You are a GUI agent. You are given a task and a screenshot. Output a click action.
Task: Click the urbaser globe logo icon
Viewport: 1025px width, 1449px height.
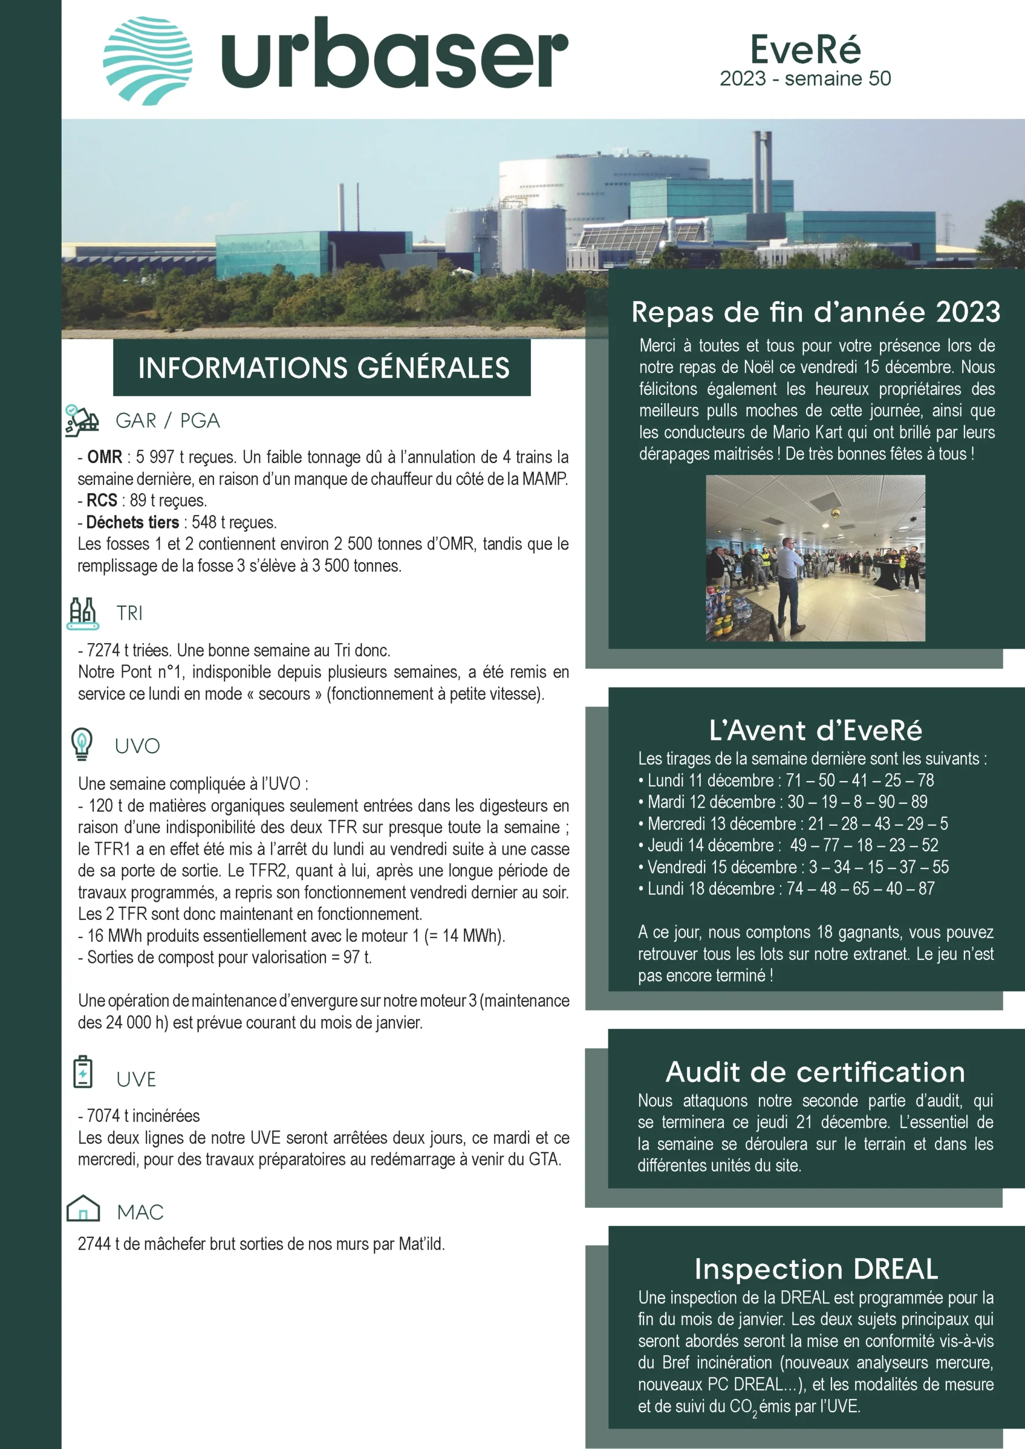pyautogui.click(x=148, y=61)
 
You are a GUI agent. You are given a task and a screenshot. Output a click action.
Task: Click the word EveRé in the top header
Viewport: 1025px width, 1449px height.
pyautogui.click(x=805, y=50)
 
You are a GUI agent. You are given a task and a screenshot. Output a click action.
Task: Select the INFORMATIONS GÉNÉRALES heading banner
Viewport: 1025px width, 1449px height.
pyautogui.click(x=322, y=368)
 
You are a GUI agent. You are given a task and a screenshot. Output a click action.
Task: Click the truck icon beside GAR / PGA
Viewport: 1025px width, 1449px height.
pyautogui.click(x=82, y=421)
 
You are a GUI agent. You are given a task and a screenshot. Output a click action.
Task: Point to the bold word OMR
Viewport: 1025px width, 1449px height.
pyautogui.click(x=105, y=457)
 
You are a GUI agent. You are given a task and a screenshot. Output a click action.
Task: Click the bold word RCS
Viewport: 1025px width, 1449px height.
pyautogui.click(x=102, y=500)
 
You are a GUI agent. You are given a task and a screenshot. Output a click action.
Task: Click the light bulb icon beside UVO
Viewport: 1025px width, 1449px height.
pyautogui.click(x=82, y=744)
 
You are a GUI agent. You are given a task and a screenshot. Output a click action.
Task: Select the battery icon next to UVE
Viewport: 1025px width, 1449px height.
pyautogui.click(x=83, y=1071)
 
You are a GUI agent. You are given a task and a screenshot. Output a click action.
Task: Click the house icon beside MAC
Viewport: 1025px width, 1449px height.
pyautogui.click(x=83, y=1208)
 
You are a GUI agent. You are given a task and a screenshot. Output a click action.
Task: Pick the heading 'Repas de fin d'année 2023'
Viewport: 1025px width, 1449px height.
pyautogui.click(x=816, y=312)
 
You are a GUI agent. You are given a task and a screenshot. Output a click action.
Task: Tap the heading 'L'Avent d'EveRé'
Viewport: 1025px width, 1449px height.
pyautogui.click(x=816, y=731)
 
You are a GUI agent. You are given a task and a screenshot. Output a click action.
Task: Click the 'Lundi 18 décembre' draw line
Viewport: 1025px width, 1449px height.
pyautogui.click(x=786, y=889)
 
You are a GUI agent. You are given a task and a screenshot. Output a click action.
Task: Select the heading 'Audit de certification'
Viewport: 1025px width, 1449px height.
pyautogui.click(x=816, y=1072)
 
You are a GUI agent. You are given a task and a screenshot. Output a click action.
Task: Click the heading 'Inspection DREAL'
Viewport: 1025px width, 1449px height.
pyautogui.click(x=816, y=1269)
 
